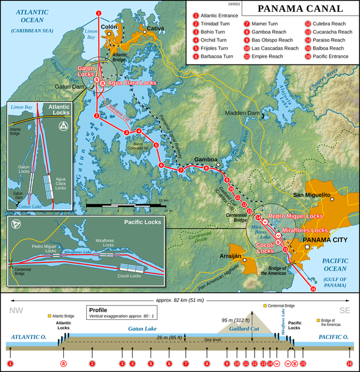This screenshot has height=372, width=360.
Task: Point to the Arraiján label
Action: click(237, 254)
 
